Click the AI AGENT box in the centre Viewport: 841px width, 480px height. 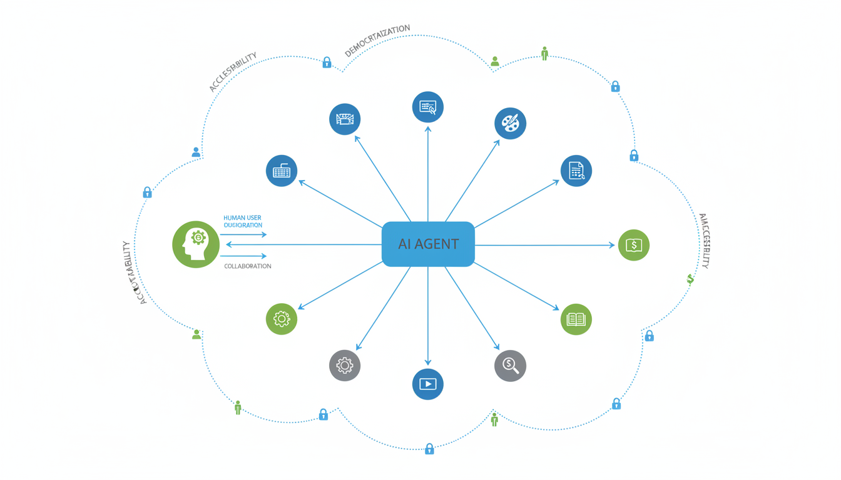[428, 244]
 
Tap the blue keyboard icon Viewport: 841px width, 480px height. [282, 171]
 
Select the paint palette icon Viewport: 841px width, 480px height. [510, 124]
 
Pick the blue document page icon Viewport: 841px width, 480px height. [576, 171]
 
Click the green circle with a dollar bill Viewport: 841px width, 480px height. [633, 245]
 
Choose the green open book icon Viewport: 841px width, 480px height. [576, 319]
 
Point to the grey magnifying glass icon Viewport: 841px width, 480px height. [510, 366]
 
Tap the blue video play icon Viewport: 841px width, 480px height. [428, 384]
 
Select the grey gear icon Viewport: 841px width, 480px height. [345, 366]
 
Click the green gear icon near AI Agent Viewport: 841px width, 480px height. [282, 319]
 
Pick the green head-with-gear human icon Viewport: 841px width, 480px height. [196, 244]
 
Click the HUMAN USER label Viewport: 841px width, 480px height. [242, 218]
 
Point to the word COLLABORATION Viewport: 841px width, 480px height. [248, 266]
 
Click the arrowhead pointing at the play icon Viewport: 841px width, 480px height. [428, 361]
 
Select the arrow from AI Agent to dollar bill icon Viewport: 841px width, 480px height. [544, 245]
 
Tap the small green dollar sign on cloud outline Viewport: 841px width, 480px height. [690, 279]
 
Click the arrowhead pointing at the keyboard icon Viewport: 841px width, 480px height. [301, 182]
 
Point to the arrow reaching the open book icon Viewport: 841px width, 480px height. [517, 286]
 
